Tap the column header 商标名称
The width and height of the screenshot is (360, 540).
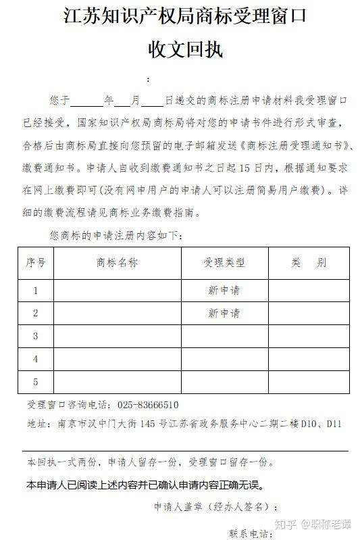[x=117, y=262]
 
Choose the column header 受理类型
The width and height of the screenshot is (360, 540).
[x=224, y=262]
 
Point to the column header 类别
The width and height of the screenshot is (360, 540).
[x=309, y=262]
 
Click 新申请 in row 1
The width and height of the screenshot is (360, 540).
[x=224, y=291]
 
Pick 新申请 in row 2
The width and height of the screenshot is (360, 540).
[x=224, y=314]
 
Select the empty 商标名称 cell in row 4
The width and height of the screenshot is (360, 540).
[x=117, y=359]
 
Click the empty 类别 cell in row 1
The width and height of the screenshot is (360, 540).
[x=309, y=291]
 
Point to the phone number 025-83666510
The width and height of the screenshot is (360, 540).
[x=148, y=405]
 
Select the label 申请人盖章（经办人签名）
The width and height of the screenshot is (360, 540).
[x=212, y=506]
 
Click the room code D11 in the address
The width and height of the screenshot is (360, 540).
[x=334, y=424]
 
